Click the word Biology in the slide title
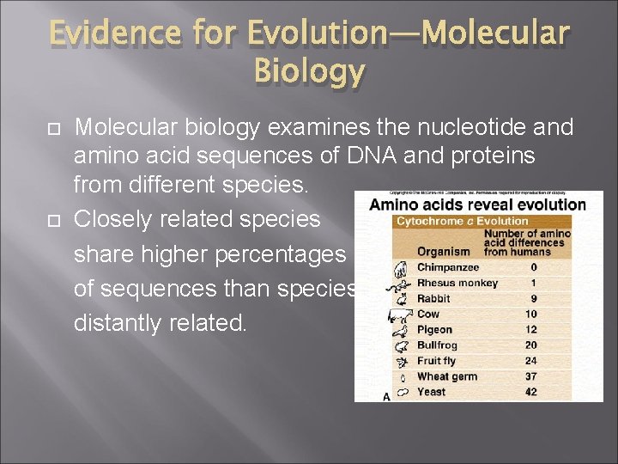click(x=309, y=72)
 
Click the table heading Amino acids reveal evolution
click(x=478, y=205)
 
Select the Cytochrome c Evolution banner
click(x=463, y=221)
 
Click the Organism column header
click(x=443, y=252)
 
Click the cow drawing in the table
click(x=400, y=314)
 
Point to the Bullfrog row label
click(x=438, y=345)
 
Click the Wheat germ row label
click(x=447, y=376)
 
